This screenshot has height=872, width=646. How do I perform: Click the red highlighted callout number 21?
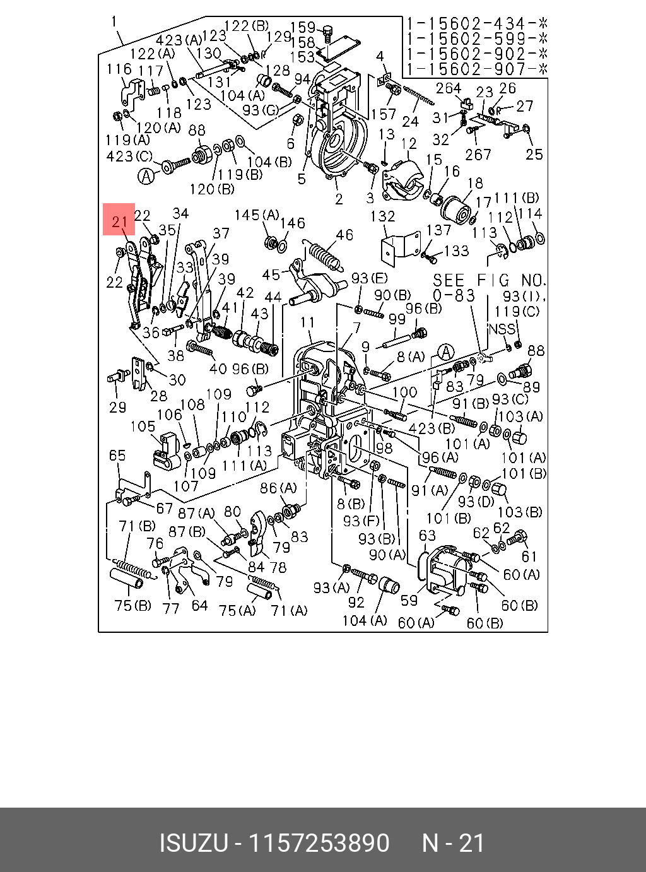coord(120,222)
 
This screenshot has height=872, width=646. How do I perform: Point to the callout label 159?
coord(303,27)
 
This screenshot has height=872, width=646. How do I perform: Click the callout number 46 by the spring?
coord(344,235)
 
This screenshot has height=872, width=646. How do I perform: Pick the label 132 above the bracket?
coord(382,216)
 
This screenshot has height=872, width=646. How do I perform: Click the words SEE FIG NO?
coord(490,280)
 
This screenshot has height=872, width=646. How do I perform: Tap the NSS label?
coord(502,329)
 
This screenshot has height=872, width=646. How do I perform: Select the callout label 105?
coord(143,426)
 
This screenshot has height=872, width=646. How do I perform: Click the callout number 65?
coord(117,456)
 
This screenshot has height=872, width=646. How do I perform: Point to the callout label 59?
coord(409,600)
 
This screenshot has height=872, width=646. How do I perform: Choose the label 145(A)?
coord(257,215)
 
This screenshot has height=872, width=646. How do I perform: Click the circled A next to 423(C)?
coord(146,176)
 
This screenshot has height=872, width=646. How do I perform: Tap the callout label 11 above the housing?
coord(307,322)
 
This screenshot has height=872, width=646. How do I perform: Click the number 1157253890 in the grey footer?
coord(319,843)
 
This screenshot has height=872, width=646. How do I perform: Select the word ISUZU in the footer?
coord(194,843)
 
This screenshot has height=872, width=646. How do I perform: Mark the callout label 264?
coord(449,88)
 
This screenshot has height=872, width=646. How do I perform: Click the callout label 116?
coord(119,69)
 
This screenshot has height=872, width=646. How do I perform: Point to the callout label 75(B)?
coord(133,606)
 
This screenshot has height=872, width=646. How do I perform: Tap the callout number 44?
coord(273,297)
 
